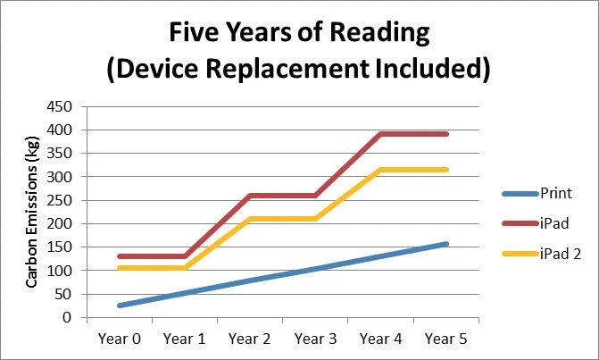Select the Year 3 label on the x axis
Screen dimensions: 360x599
click(315, 339)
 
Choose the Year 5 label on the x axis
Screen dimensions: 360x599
click(446, 339)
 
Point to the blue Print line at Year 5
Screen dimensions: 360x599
click(446, 244)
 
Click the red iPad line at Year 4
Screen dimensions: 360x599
click(381, 134)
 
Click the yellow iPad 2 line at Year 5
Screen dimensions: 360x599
click(446, 170)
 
